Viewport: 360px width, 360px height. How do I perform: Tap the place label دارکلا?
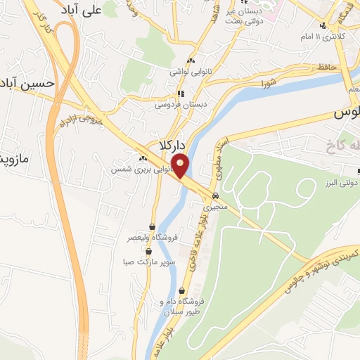point(171,145)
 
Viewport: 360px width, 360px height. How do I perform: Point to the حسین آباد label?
point(26,82)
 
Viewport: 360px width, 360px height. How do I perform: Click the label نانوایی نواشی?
point(190,71)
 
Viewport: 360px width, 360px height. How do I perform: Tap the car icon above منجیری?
point(215,196)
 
